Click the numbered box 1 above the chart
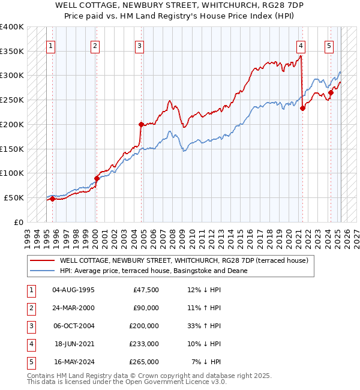point(51,45)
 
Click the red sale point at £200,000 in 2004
point(142,124)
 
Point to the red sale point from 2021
point(303,108)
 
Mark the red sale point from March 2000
point(97,178)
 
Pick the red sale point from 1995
point(52,199)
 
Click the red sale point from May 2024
point(331,92)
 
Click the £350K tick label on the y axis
point(12,51)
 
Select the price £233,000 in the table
point(145,344)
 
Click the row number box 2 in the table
point(31,308)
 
